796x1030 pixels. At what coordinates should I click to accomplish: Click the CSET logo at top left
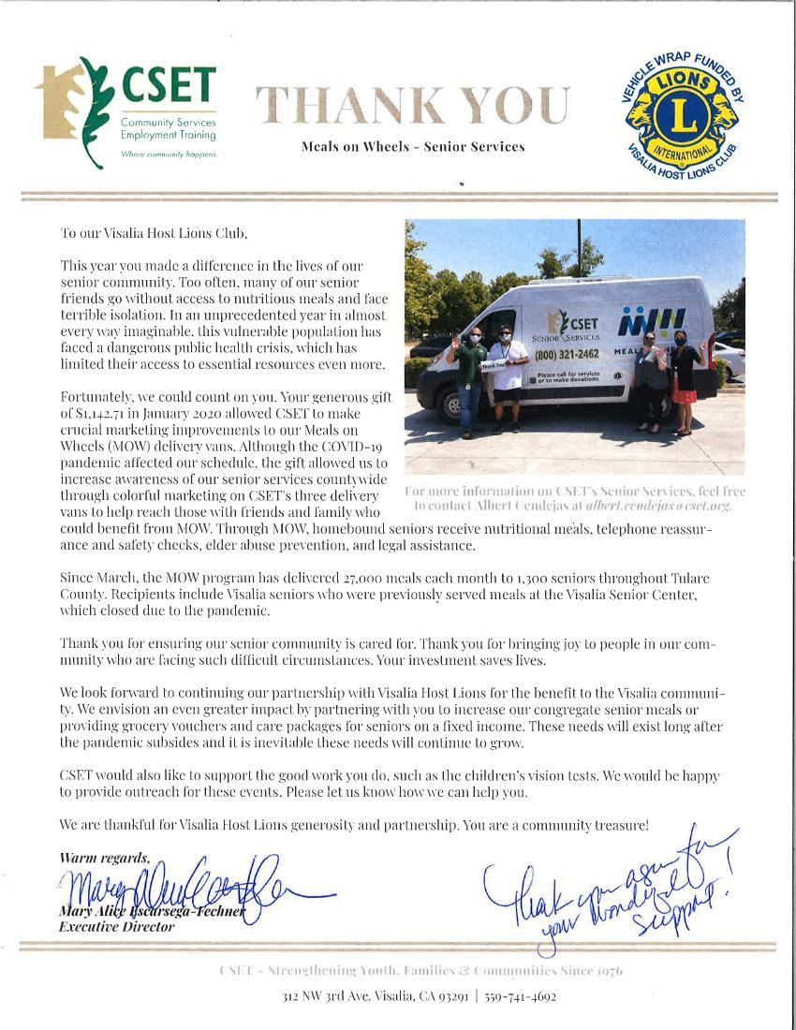pyautogui.click(x=127, y=112)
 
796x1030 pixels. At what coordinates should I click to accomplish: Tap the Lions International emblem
pyautogui.click(x=681, y=112)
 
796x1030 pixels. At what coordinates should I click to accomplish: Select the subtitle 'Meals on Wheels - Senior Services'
pyautogui.click(x=413, y=147)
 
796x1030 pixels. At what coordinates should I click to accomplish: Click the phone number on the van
pyautogui.click(x=567, y=356)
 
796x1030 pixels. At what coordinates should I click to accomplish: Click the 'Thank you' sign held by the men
pyautogui.click(x=494, y=365)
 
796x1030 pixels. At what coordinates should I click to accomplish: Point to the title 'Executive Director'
pyautogui.click(x=117, y=926)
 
